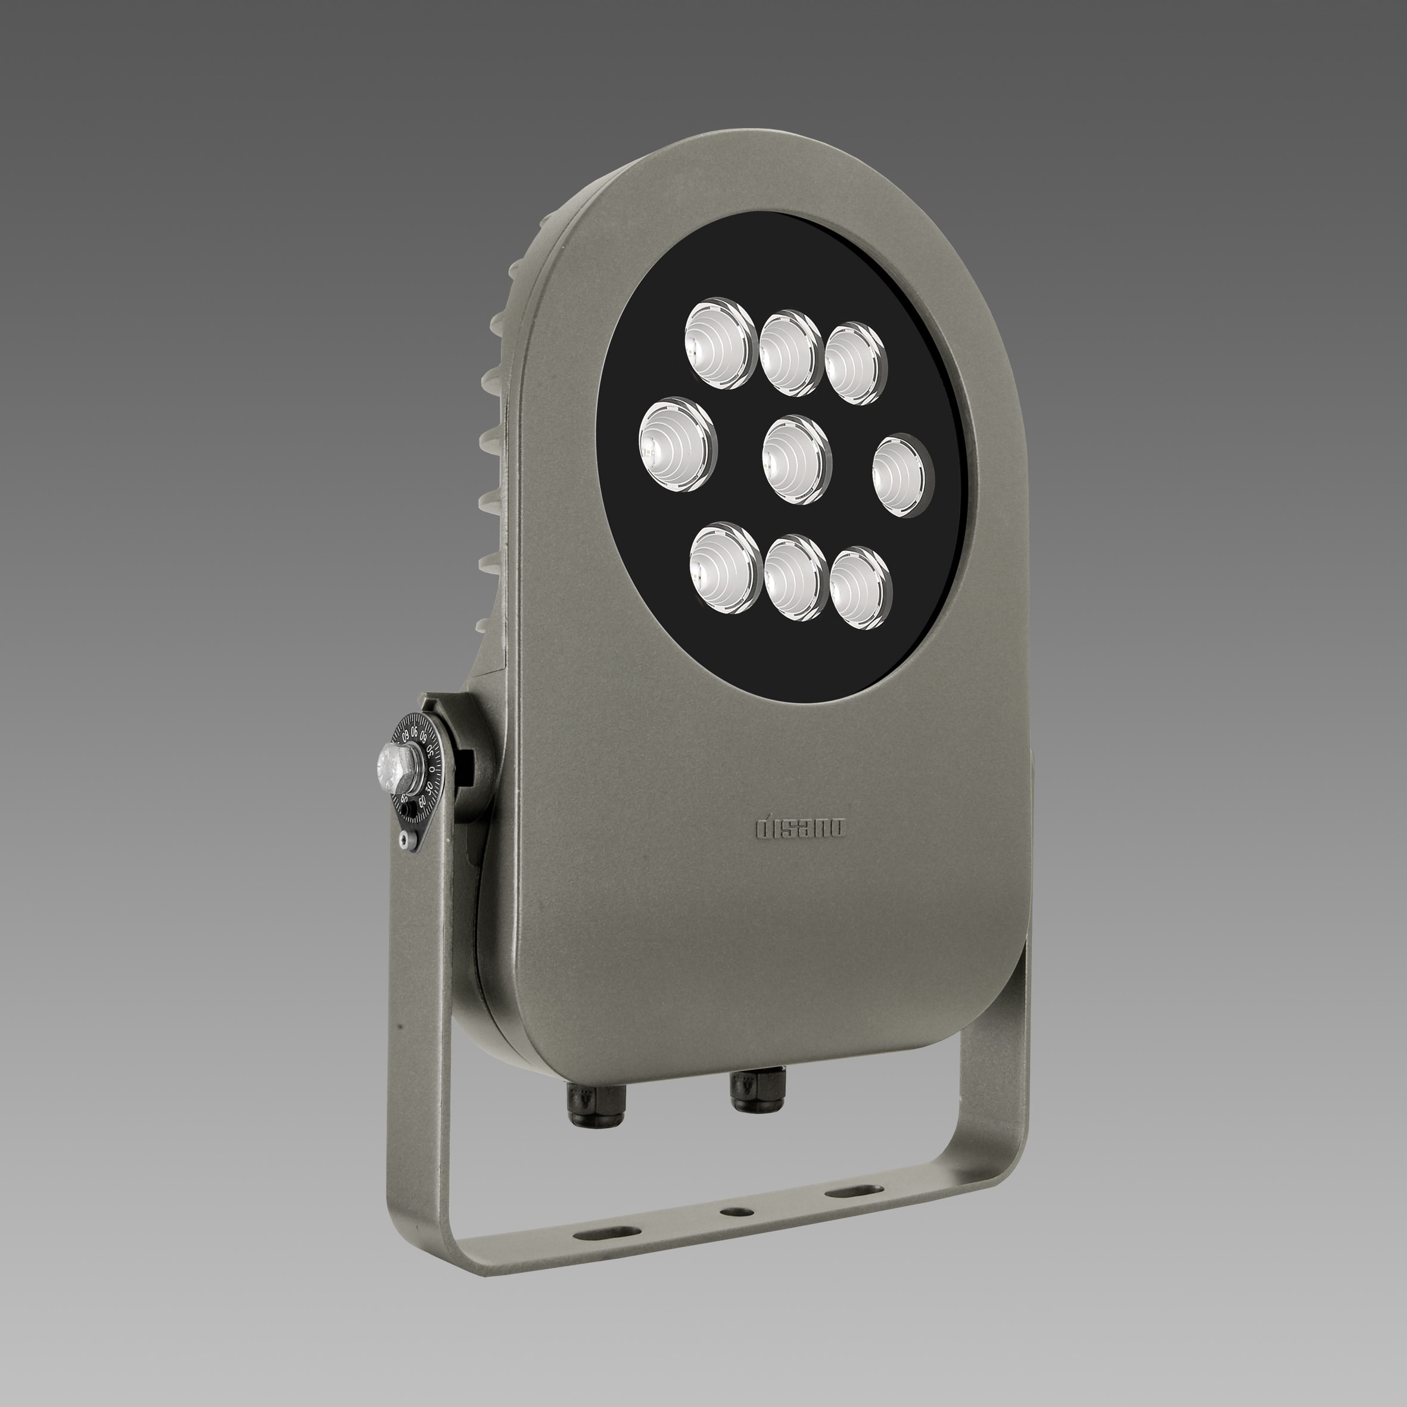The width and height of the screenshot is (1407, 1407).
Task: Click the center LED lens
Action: tap(796, 459)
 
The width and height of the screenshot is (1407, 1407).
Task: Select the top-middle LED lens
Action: tap(791, 353)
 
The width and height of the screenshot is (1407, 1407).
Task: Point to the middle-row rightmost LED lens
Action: tap(903, 475)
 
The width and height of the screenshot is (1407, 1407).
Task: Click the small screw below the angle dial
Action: tap(406, 841)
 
